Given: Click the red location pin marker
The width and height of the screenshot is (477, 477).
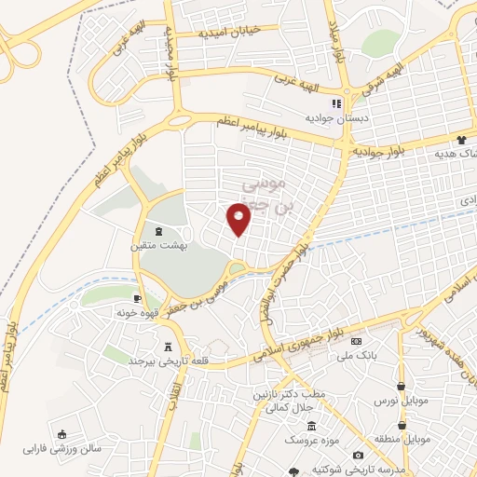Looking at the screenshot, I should click(239, 220).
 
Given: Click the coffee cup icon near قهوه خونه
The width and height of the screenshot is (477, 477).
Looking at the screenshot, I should click(138, 298).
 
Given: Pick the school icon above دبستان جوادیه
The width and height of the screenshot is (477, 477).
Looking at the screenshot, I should click(337, 103).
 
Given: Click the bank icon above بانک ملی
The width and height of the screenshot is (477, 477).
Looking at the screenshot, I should click(354, 342).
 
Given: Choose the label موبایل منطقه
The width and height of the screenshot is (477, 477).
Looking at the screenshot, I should click(402, 438).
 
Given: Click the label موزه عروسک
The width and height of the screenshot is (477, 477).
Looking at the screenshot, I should click(305, 437).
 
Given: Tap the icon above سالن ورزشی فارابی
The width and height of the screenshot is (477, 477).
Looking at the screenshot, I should click(61, 433).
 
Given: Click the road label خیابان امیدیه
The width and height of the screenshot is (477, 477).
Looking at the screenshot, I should click(225, 33).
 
